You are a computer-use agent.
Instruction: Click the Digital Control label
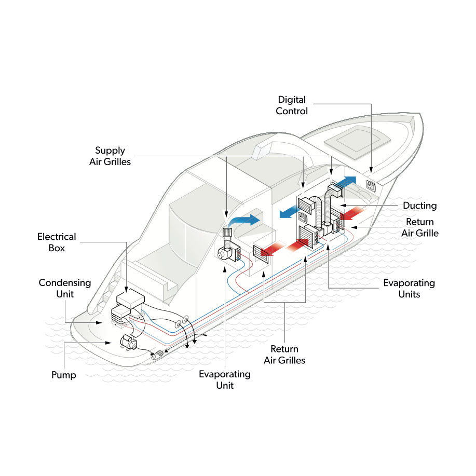(291, 105)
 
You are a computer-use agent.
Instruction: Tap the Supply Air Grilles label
(110, 156)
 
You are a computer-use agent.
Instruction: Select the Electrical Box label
(57, 242)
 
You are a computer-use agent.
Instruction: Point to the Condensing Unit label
(65, 289)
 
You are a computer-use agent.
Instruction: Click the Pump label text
(64, 375)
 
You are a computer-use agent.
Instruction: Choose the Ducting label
(420, 206)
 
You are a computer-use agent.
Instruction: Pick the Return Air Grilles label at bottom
(284, 355)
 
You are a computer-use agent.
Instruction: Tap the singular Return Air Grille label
(420, 227)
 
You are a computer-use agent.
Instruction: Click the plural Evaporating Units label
(409, 289)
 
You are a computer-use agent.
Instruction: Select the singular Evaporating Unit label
(225, 380)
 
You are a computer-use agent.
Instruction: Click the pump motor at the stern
(128, 342)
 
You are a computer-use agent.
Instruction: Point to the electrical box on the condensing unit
(130, 299)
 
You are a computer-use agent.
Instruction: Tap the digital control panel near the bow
(371, 185)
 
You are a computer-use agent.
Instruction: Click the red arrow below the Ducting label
(353, 213)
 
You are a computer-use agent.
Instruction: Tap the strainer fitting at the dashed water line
(158, 354)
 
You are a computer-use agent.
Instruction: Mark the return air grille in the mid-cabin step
(261, 254)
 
